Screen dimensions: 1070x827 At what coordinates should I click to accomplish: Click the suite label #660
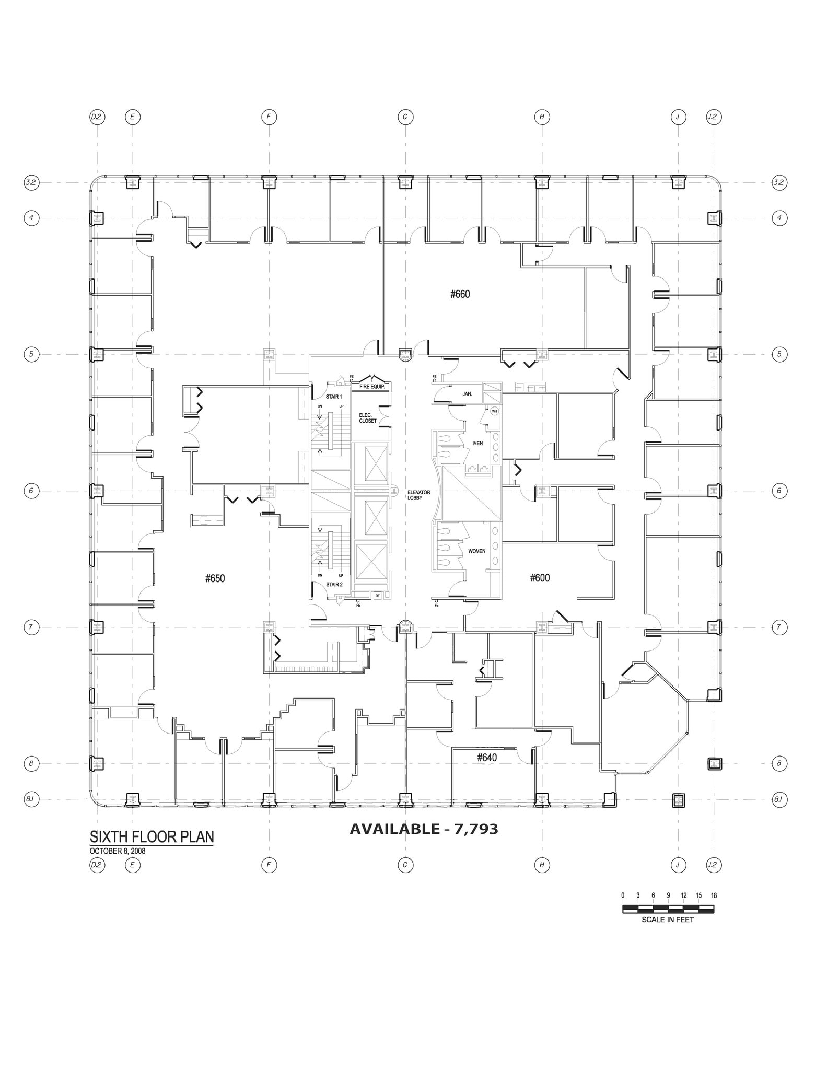click(x=460, y=294)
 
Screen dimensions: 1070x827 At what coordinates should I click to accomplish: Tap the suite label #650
click(x=215, y=578)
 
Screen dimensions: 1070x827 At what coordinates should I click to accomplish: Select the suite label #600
click(x=540, y=578)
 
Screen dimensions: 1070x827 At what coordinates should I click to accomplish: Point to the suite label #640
click(x=487, y=758)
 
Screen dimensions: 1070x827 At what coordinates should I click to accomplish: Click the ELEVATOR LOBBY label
click(x=418, y=495)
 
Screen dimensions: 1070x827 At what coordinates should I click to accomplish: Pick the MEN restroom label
click(x=477, y=444)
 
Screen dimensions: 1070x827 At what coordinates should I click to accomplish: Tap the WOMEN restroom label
click(x=476, y=551)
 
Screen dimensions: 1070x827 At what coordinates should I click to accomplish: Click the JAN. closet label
click(x=467, y=394)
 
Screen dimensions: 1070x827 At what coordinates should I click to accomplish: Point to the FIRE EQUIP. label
click(x=371, y=387)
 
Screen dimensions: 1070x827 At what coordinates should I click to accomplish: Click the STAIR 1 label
click(x=334, y=397)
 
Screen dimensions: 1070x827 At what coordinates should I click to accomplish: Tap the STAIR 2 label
click(x=334, y=585)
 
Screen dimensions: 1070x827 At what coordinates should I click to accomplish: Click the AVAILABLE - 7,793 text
click(x=423, y=829)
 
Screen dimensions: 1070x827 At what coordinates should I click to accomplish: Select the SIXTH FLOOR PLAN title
click(x=152, y=836)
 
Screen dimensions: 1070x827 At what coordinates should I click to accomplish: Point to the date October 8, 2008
click(x=118, y=851)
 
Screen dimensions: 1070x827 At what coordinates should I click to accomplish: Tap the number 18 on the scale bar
click(x=714, y=895)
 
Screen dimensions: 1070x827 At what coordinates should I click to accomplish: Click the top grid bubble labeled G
click(x=405, y=117)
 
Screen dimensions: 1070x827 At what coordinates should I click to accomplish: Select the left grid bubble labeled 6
click(x=31, y=491)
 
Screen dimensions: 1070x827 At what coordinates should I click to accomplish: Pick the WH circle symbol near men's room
click(x=494, y=411)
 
